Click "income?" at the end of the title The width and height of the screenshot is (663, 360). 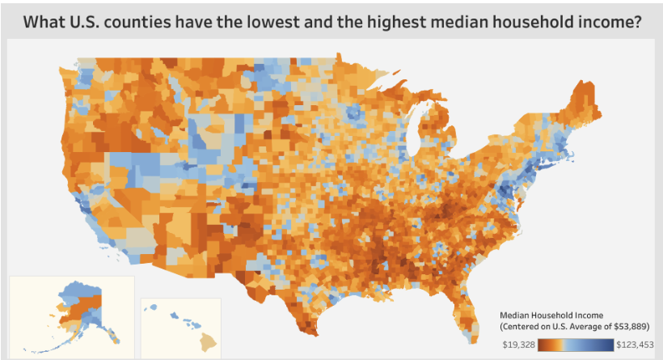click(x=610, y=23)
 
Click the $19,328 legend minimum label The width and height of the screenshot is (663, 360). click(x=517, y=345)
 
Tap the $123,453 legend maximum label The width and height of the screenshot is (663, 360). click(x=635, y=345)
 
